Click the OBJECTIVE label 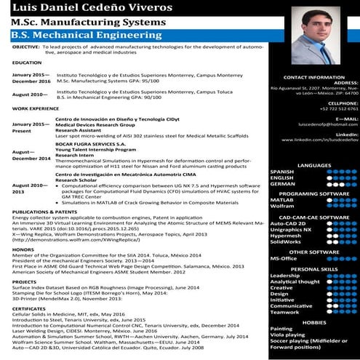pyautogui.click(x=26, y=46)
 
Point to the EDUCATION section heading pyautogui.click(x=27, y=63)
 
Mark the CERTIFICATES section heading pyautogui.click(x=31, y=308)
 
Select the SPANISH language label pyautogui.click(x=282, y=172)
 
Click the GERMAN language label pyautogui.click(x=281, y=184)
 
